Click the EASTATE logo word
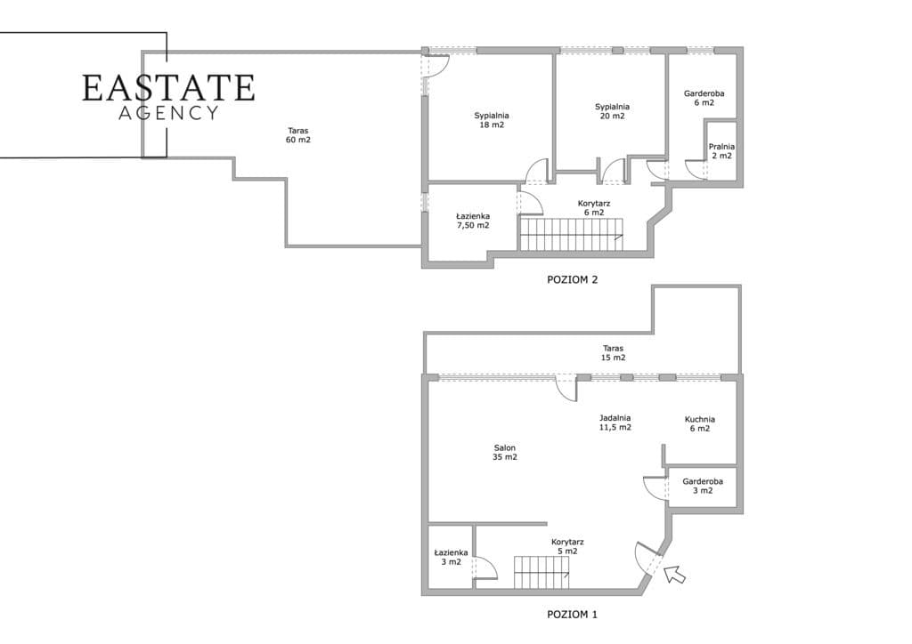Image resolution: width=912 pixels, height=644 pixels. tap(168, 88)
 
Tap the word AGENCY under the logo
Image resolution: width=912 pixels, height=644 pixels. tap(168, 113)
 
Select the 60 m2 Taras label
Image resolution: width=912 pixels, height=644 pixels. tap(297, 135)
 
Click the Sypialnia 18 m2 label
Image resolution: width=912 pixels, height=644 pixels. tap(492, 120)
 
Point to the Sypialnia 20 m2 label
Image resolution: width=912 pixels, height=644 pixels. tap(612, 111)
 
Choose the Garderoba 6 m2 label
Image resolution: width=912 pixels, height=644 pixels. tap(704, 98)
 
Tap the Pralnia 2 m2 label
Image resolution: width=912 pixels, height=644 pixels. tap(721, 151)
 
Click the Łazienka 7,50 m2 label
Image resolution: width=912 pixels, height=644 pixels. tap(473, 221)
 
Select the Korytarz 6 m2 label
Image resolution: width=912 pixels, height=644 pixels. tap(594, 208)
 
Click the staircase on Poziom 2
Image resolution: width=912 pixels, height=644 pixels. tap(571, 234)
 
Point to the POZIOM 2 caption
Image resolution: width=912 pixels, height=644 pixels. tap(573, 279)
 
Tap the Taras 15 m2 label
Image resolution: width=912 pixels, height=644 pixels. tap(613, 353)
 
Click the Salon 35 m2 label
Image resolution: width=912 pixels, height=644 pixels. tap(505, 453)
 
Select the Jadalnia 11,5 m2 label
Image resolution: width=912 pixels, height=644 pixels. tap(615, 423)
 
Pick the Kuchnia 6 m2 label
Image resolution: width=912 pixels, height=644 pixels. tap(700, 424)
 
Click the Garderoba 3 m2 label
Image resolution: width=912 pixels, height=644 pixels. tap(703, 486)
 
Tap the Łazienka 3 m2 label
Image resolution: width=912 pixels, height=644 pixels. tap(451, 558)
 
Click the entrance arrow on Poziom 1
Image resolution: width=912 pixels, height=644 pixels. tap(675, 574)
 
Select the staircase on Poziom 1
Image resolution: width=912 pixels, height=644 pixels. tap(541, 573)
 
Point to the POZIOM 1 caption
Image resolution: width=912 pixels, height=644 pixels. tap(573, 615)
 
